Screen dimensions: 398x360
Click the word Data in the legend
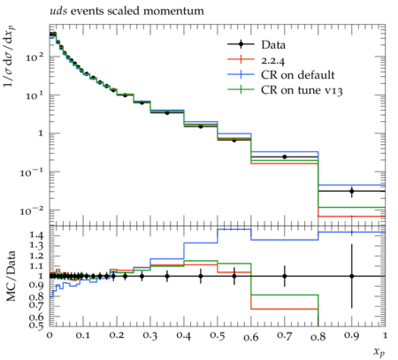[x=273, y=45]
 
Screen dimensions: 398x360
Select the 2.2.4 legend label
[x=273, y=60]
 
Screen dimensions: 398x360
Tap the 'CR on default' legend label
[x=298, y=75]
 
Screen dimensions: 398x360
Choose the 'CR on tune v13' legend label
[x=302, y=90]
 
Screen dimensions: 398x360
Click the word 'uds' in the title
[x=58, y=11]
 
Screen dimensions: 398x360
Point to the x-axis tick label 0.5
[x=218, y=336]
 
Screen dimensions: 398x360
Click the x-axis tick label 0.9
[x=352, y=336]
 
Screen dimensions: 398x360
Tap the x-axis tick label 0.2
[x=117, y=336]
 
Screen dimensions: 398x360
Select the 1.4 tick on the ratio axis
[x=37, y=235]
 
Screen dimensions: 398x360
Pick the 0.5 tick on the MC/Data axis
[x=37, y=325]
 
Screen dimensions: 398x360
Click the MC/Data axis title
[x=11, y=276]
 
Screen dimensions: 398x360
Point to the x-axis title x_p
[x=379, y=351]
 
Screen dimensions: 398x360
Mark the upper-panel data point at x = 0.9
[x=352, y=191]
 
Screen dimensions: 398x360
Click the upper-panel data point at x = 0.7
[x=285, y=157]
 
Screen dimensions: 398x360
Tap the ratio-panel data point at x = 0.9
[x=352, y=276]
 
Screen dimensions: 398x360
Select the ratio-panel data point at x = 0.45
[x=201, y=276]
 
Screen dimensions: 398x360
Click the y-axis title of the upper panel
[x=10, y=56]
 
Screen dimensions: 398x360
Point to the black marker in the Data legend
[x=241, y=44]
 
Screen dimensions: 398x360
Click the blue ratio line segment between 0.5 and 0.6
[x=234, y=229]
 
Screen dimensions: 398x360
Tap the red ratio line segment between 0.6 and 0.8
[x=285, y=309]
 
